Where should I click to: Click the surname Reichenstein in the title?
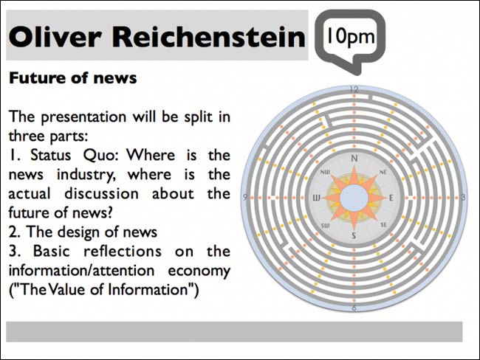[x=209, y=37]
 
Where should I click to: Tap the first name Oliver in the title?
[x=55, y=37]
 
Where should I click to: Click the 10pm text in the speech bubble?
[x=351, y=37]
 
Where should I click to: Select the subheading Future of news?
[x=73, y=77]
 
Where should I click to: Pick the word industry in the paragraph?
[x=86, y=175]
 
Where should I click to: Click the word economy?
[x=199, y=271]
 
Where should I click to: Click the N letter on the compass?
[x=354, y=159]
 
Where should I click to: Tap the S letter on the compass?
[x=354, y=235]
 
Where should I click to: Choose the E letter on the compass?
[x=391, y=198]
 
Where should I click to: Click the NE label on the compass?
[x=383, y=172]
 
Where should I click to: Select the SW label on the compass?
[x=326, y=226]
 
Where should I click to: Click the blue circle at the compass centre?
[x=354, y=198]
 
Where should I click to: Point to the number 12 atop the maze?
[x=354, y=89]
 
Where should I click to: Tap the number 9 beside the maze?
[x=245, y=197]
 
